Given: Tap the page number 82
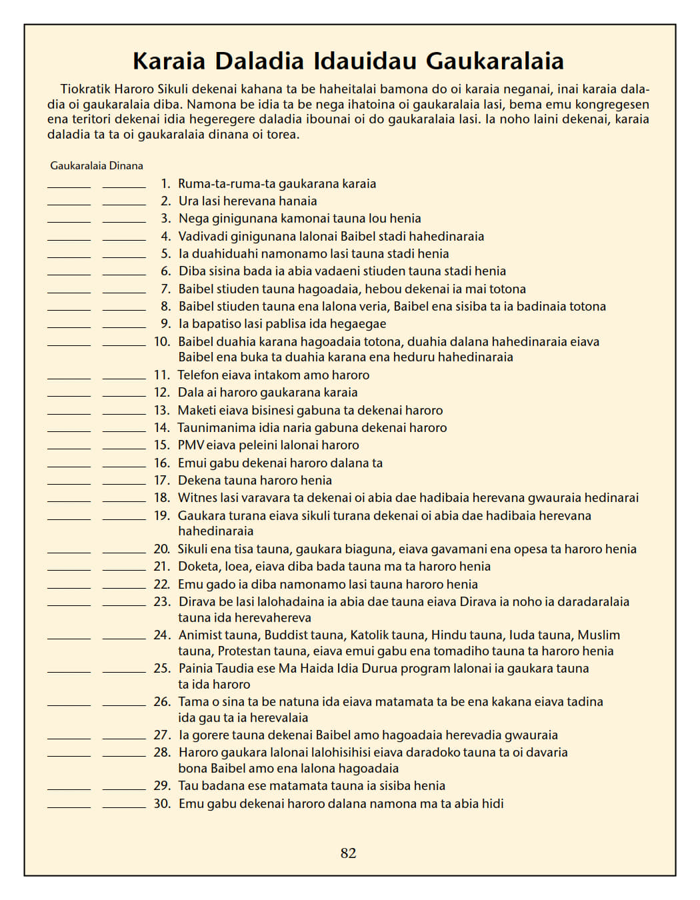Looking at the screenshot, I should [348, 853].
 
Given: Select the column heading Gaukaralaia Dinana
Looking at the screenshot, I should [97, 166].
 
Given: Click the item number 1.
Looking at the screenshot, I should [165, 184].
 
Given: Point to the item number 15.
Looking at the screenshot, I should [162, 445].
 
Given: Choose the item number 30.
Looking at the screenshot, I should [162, 804].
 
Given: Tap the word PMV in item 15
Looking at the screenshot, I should [191, 445].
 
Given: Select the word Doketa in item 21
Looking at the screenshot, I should [198, 567].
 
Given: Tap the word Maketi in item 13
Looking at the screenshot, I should [197, 411].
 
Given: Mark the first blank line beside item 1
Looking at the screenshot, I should [69, 187].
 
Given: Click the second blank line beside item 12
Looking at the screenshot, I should [124, 395].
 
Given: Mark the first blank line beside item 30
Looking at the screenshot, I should [69, 807].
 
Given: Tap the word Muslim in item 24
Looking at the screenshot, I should [599, 635].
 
